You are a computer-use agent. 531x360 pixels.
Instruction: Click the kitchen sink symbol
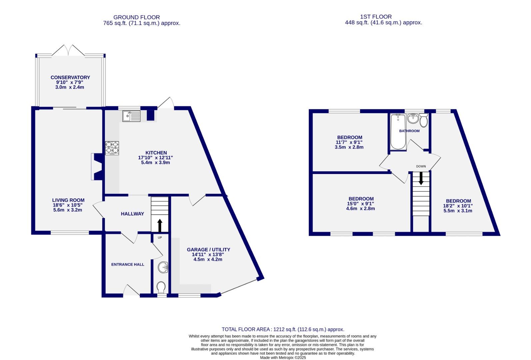pos(132,116)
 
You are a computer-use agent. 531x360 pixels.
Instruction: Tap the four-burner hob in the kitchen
pos(112,148)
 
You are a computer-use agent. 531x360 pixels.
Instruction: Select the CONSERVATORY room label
pos(70,77)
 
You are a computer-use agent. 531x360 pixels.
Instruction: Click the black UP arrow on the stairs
pos(160,225)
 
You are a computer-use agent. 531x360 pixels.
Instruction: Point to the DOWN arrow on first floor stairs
pos(421,178)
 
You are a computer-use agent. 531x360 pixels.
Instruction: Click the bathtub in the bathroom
pos(397,132)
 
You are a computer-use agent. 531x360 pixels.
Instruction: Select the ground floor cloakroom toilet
pos(161,287)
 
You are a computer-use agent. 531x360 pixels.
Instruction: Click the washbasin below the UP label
pos(163,267)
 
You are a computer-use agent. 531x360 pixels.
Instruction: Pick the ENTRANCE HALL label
pos(128,264)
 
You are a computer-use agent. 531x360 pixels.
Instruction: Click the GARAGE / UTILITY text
pos(208,249)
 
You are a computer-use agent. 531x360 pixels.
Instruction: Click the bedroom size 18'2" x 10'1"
pos(458,206)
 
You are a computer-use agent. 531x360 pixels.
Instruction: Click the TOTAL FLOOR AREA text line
pos(283,329)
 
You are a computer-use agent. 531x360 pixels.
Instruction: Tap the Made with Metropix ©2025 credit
pos(283,358)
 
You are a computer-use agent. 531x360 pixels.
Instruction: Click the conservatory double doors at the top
pos(68,50)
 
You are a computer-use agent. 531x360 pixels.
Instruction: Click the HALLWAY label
pos(132,214)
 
